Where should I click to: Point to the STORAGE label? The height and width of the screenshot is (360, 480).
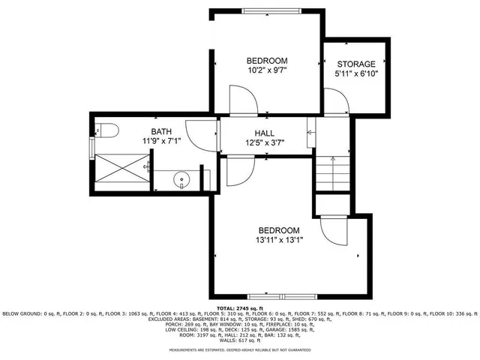click(x=356, y=64)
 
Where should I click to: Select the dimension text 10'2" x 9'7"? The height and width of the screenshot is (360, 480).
click(x=268, y=70)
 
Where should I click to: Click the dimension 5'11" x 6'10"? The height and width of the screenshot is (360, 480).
click(x=356, y=73)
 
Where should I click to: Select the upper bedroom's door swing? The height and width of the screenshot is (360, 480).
click(x=244, y=100)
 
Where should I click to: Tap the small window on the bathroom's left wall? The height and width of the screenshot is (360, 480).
click(x=91, y=148)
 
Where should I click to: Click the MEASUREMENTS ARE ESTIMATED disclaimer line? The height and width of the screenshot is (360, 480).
click(x=240, y=350)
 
